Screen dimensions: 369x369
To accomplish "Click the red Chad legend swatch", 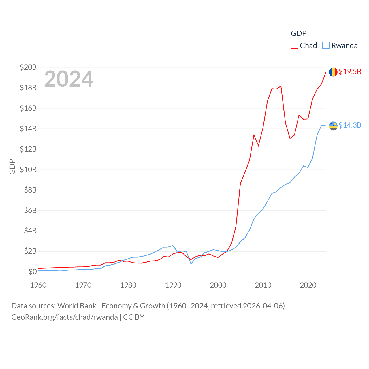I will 294,46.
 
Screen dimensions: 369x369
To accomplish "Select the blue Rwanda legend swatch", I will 326,46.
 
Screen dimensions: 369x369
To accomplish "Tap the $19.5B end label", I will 350,71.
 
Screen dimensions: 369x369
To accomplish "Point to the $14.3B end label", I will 350,125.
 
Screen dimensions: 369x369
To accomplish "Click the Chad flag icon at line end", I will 333,72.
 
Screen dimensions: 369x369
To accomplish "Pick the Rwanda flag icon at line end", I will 333,126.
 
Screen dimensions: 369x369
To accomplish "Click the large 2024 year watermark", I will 69,79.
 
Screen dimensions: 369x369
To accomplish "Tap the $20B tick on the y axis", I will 28,67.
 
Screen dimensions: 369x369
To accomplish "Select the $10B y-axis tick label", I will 28,170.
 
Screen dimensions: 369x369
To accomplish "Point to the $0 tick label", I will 33,272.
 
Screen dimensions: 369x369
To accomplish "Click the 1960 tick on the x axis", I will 38,285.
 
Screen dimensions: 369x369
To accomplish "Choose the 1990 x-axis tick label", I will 173,285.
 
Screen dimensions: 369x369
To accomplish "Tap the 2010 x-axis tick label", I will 263,285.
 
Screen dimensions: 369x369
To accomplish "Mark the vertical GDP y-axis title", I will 12,167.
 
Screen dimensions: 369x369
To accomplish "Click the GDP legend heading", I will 299,33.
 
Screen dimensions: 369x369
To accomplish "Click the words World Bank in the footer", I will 77,306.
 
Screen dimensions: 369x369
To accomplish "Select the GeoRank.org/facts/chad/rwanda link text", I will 65,317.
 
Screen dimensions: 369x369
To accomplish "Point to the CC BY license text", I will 134,317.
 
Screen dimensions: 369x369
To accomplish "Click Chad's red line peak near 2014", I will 281,86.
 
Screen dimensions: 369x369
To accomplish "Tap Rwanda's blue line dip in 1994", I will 191,264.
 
